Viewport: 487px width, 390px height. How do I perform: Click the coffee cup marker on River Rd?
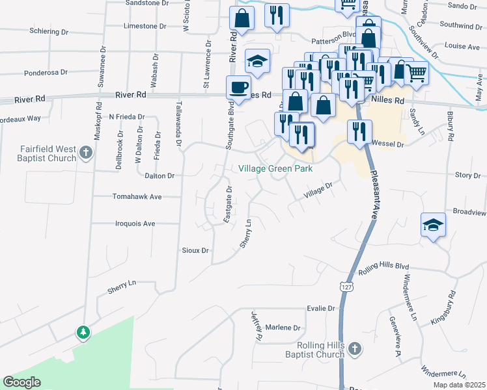coord(238,87)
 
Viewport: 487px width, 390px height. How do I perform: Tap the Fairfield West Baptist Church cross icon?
coord(85,154)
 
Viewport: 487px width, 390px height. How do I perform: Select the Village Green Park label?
coord(275,169)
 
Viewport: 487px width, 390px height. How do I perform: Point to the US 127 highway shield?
coord(345,285)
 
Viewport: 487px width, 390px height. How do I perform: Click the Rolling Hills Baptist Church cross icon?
coord(354,349)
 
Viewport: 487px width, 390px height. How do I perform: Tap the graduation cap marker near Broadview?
coord(433,225)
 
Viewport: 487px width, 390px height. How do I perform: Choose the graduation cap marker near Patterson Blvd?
coord(257,62)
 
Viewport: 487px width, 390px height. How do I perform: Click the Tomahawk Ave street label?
coord(137,196)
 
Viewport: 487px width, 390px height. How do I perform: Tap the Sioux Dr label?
coord(195,250)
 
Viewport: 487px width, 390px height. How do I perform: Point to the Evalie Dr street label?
coord(322,309)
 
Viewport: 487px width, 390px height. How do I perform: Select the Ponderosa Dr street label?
coord(46,73)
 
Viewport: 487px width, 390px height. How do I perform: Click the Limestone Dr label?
coord(145,27)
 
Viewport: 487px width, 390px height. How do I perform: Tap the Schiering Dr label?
coord(49,31)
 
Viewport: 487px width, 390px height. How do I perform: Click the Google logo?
coord(21,382)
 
